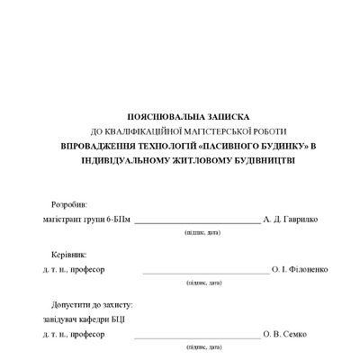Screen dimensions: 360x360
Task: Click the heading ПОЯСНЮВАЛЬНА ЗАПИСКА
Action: tap(188, 117)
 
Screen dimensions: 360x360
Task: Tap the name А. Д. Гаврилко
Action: tap(290, 220)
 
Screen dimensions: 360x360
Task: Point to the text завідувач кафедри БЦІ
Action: tap(88, 320)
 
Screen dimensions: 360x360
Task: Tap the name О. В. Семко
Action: tap(284, 335)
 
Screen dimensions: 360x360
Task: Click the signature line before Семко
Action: tap(196, 337)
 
